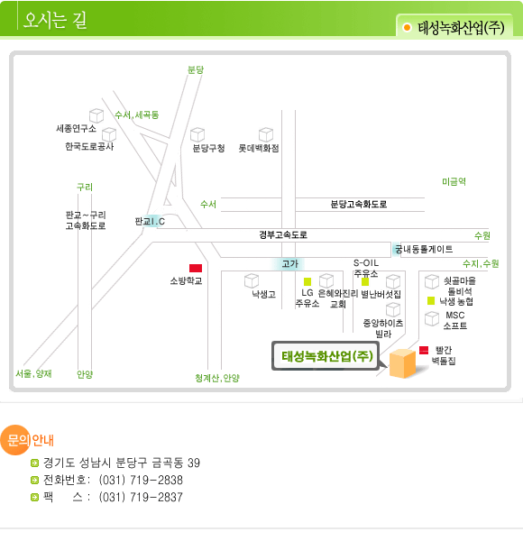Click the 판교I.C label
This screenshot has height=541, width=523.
point(150,221)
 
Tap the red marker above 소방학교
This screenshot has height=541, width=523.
point(196,268)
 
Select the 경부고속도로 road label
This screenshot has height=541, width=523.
point(283,234)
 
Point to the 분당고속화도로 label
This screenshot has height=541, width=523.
point(359,204)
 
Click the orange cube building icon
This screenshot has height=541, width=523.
point(402,363)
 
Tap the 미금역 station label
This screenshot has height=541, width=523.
point(454,181)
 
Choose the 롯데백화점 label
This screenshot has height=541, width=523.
point(259,149)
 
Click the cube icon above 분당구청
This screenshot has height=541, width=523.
point(197,134)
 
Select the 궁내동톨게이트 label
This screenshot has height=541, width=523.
point(424,249)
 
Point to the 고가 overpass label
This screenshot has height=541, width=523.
point(289,263)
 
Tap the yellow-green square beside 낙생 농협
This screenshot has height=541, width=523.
point(431,301)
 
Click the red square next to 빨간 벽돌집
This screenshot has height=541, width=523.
point(424,350)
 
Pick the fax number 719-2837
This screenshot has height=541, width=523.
point(157,497)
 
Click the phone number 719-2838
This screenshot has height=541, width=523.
point(157,480)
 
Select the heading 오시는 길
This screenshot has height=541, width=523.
point(55,20)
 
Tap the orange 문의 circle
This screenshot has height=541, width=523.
point(15,440)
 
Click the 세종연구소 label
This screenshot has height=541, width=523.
point(77,129)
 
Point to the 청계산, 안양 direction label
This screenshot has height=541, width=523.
point(217,378)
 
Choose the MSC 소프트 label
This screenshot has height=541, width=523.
point(455,320)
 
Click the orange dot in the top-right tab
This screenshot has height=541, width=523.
point(407,27)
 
